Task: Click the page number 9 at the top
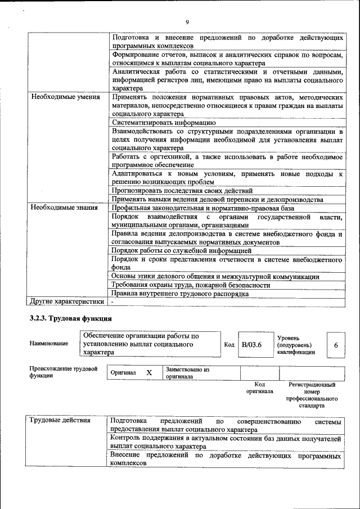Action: (x=187, y=22)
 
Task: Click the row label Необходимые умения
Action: (x=65, y=97)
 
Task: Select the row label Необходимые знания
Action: (x=65, y=208)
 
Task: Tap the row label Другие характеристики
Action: (x=67, y=301)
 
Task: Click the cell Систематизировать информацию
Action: (x=164, y=122)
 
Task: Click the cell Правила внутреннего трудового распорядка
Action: (x=179, y=294)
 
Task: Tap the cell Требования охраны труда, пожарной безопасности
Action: (x=190, y=285)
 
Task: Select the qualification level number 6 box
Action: (x=336, y=345)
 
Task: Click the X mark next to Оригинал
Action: (x=149, y=373)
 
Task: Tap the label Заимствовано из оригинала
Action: (x=187, y=373)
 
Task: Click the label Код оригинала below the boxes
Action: (x=259, y=388)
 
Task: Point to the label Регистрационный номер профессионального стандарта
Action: (x=311, y=395)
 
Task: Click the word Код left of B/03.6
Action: (x=229, y=344)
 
